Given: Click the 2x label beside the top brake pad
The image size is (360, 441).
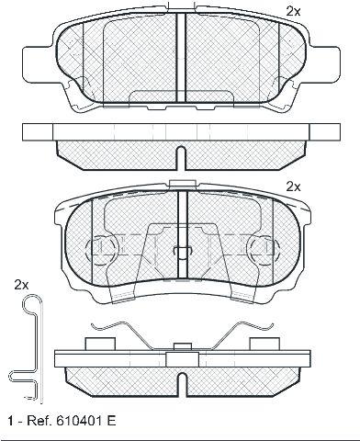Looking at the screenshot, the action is tap(293, 12).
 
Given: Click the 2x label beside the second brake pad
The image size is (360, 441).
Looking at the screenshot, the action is tap(293, 187).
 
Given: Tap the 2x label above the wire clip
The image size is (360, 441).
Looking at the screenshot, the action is tap(21, 286).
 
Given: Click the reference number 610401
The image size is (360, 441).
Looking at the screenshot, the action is tap(77, 421).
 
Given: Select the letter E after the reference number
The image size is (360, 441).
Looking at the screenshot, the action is tap(112, 421).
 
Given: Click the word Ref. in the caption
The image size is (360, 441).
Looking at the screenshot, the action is tap(39, 421).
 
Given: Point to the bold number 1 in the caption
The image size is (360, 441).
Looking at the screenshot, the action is tap(11, 421).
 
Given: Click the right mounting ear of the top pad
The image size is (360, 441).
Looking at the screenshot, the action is tap(324, 64).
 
